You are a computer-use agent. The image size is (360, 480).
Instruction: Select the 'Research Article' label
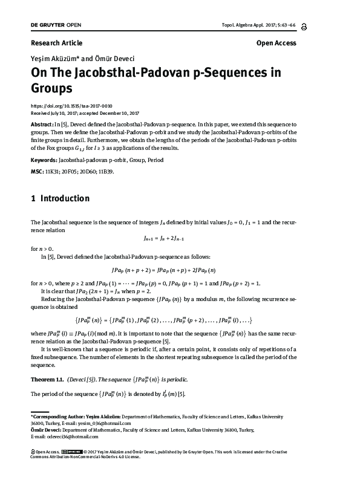pos(56,43)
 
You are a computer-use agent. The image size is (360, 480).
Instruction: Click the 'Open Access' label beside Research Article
pos(276,43)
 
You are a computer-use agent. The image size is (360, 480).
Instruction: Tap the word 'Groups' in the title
pos(51,88)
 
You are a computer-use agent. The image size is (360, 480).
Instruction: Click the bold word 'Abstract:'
pos(42,123)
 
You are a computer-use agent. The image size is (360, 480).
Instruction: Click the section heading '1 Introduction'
pos(60,198)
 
